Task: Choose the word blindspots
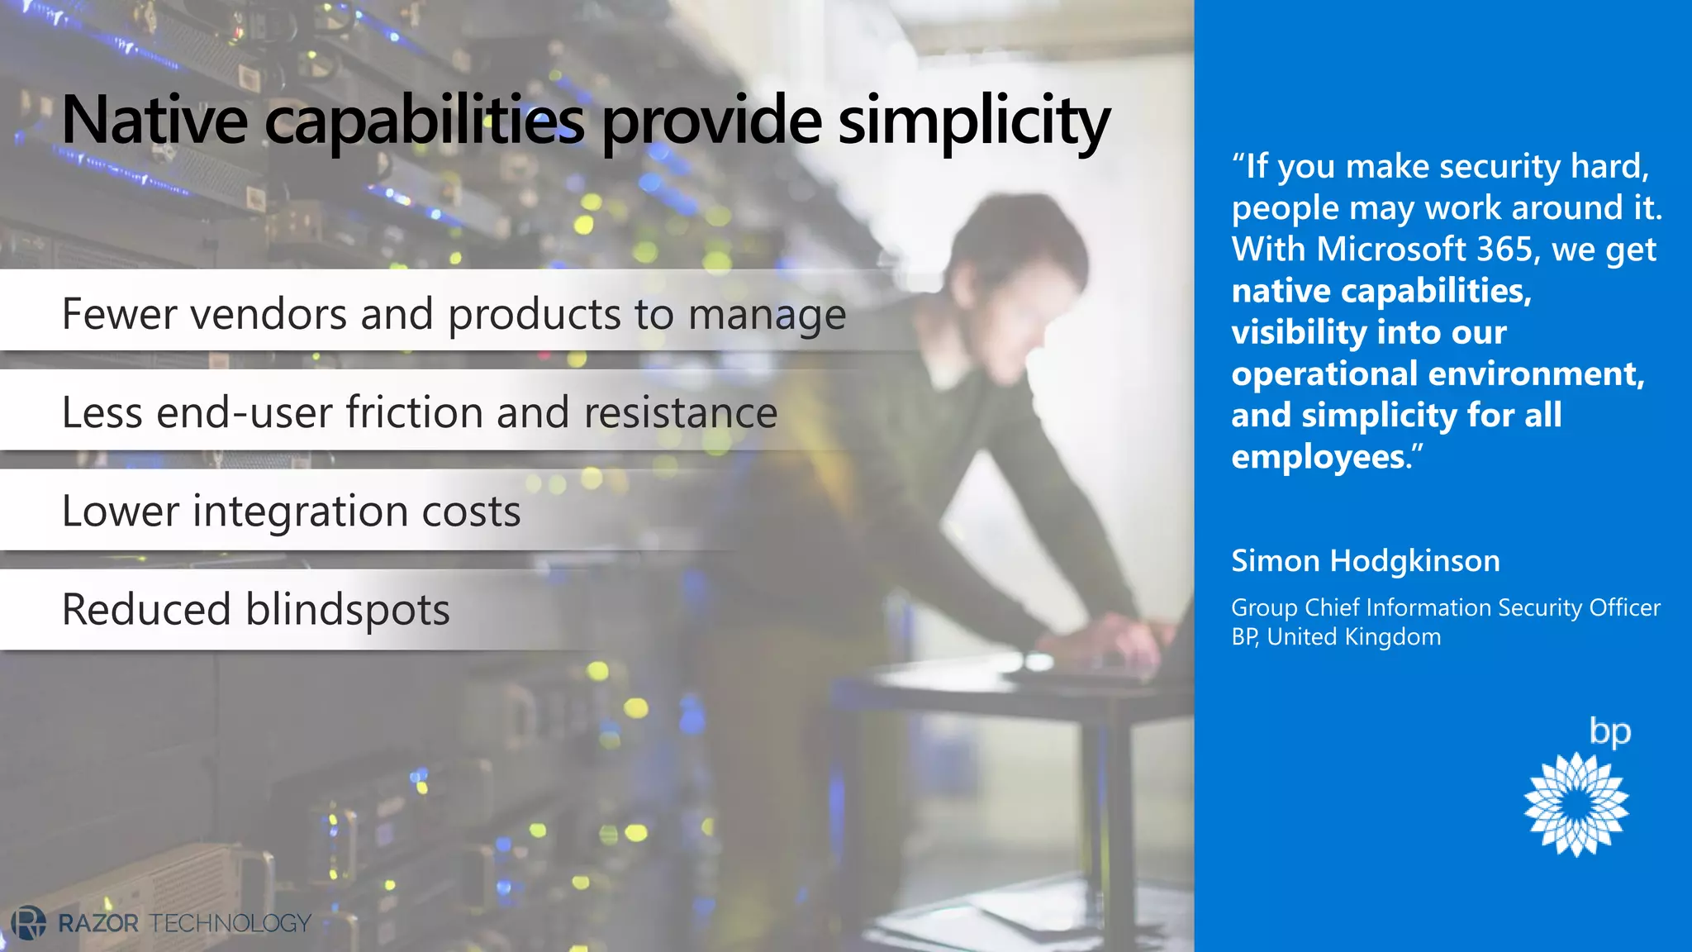[347, 611]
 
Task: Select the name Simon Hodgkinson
[1365, 561]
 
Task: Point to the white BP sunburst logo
[1576, 804]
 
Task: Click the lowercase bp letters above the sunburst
[1609, 732]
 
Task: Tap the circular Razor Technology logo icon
[29, 922]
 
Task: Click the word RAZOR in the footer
[98, 923]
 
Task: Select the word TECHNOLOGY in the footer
[231, 923]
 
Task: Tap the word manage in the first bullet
[767, 316]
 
